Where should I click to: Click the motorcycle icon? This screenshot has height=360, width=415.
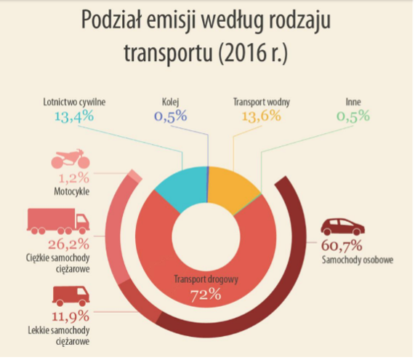coord(70,159)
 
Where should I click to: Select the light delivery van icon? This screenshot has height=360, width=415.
coord(71,296)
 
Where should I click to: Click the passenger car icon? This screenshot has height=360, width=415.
coord(343,227)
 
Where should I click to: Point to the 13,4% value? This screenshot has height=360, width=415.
coord(74,116)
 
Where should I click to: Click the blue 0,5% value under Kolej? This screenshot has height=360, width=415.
coord(171,116)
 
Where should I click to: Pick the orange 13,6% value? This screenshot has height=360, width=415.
coord(262,116)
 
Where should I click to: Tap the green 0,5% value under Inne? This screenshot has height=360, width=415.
coord(353,116)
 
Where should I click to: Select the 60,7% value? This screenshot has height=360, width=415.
coord(342,246)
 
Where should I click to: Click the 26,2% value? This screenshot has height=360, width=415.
coord(68,244)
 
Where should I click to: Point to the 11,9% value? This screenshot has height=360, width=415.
coord(70,316)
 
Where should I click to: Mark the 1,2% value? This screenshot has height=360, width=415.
coord(74,178)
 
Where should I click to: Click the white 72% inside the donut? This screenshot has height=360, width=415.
coord(206,295)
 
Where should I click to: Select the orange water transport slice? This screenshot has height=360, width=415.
coord(231,188)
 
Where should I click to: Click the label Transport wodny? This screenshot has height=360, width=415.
coord(262,102)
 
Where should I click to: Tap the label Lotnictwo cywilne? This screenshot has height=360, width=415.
coord(74,102)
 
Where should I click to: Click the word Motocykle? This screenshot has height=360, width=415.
coord(71,191)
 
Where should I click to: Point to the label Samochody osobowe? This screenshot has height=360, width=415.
coord(358,260)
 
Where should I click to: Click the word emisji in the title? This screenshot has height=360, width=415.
coord(171,20)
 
